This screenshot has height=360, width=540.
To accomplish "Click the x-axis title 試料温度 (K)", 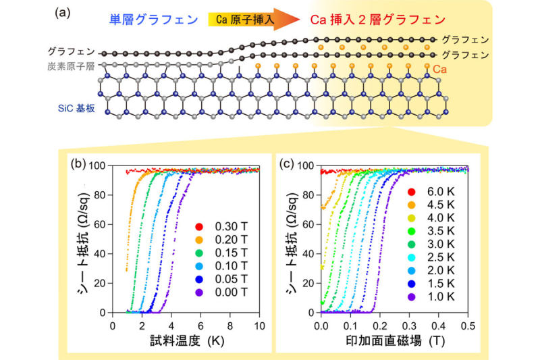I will [x=188, y=340].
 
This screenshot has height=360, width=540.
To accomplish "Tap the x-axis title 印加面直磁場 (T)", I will [x=394, y=340].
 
